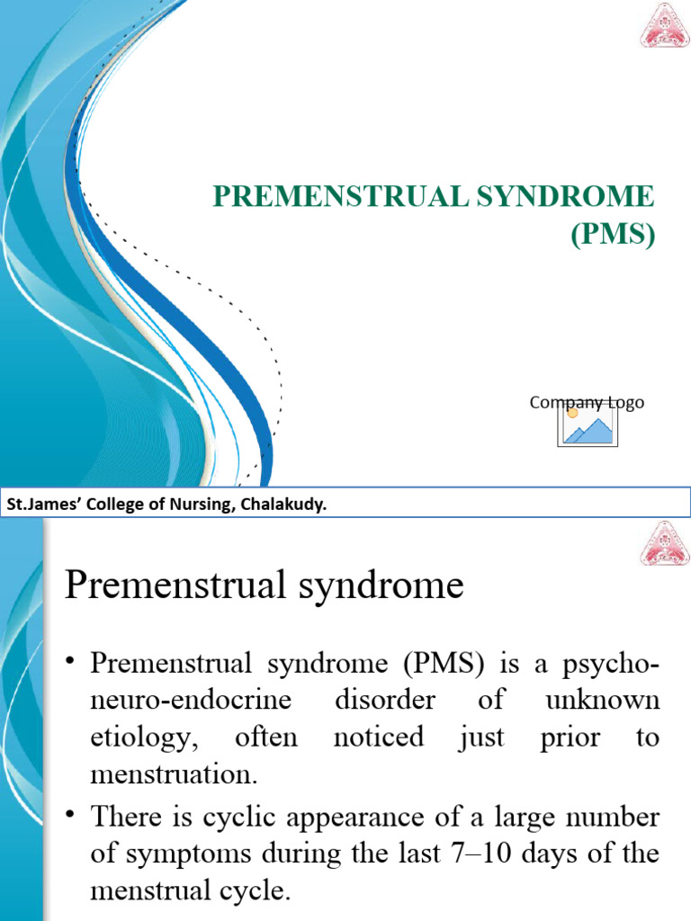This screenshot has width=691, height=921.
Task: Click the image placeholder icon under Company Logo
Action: tap(587, 426)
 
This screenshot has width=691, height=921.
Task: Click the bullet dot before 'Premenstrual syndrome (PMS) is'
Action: tap(71, 662)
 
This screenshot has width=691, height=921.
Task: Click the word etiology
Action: tap(130, 738)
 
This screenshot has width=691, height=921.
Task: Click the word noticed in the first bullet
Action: tap(378, 738)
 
